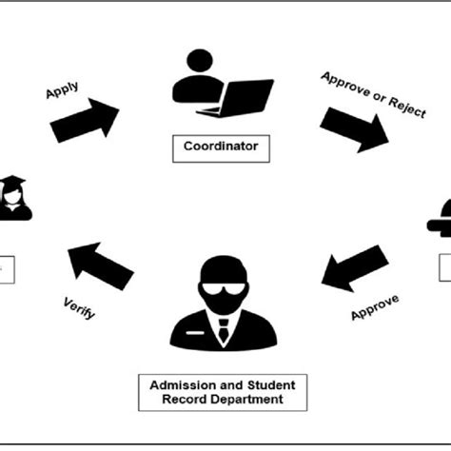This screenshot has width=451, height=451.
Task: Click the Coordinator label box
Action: pyautogui.click(x=221, y=147)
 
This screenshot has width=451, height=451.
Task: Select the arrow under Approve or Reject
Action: pyautogui.click(x=354, y=127)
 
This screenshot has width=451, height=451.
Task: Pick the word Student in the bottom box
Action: pyautogui.click(x=270, y=384)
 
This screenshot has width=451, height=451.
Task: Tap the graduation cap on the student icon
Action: pyautogui.click(x=13, y=182)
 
